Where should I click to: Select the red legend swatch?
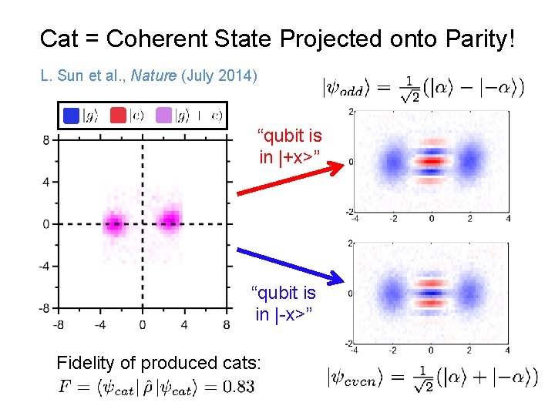click(x=118, y=115)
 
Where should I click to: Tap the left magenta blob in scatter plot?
click(x=114, y=224)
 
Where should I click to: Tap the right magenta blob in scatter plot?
click(x=169, y=223)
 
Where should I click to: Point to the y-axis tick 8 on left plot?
click(x=46, y=139)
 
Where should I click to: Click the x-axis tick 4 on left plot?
click(x=184, y=324)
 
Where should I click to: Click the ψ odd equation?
click(x=423, y=89)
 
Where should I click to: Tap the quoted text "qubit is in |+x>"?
click(x=289, y=147)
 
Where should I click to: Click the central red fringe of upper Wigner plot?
click(x=431, y=162)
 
